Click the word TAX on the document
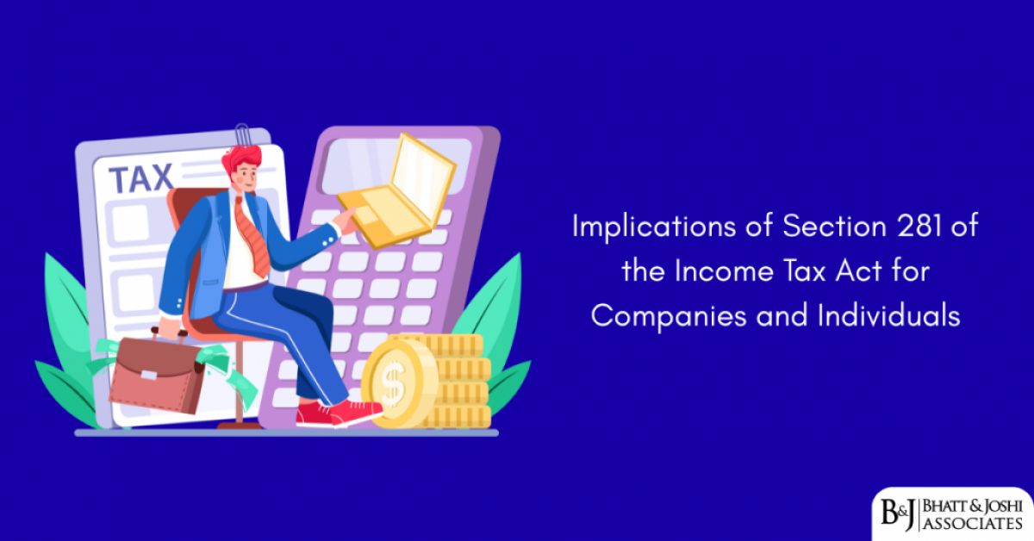140,179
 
